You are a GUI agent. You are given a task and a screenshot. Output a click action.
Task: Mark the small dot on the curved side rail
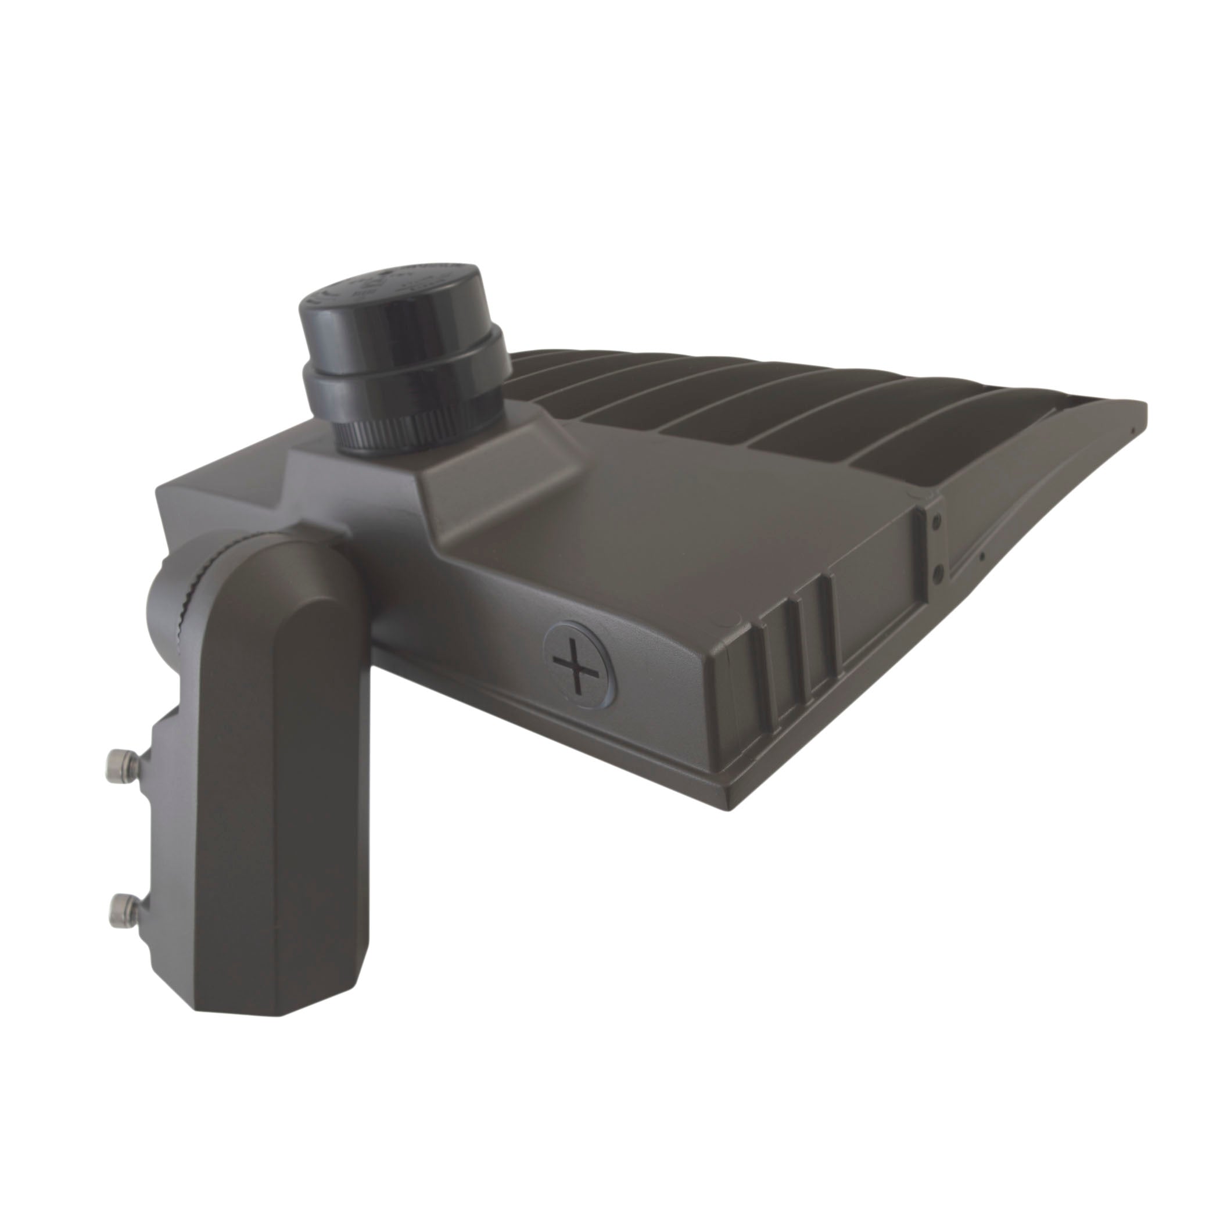(982, 557)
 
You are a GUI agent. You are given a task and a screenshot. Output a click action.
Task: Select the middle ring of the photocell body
(404, 379)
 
